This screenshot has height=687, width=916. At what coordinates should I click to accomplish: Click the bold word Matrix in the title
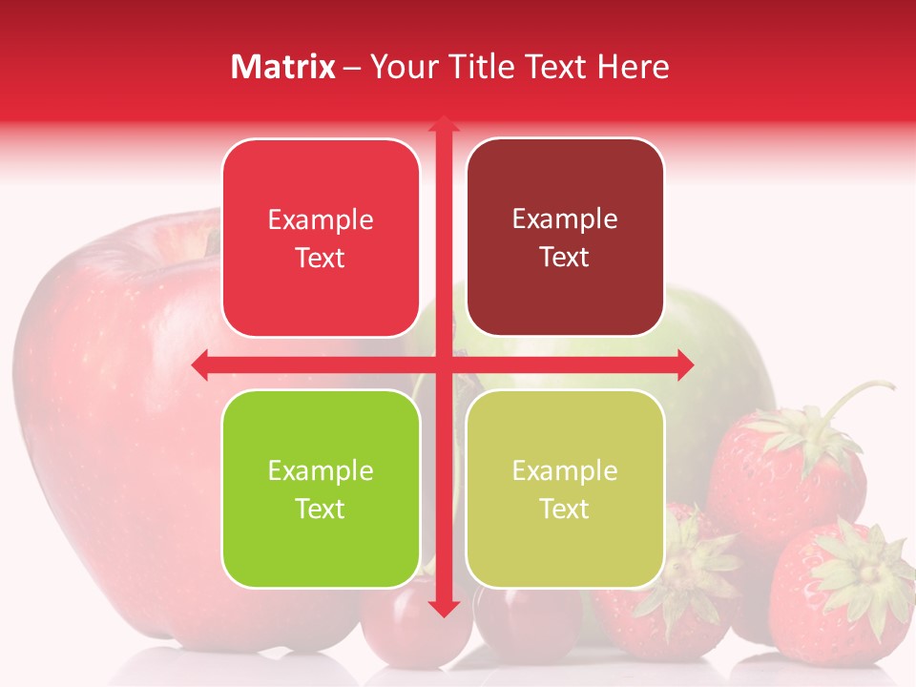click(x=283, y=67)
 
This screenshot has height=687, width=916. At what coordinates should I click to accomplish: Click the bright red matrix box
click(x=321, y=239)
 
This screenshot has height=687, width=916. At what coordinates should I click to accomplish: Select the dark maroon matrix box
click(x=565, y=238)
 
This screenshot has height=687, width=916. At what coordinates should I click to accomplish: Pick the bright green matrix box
click(x=321, y=489)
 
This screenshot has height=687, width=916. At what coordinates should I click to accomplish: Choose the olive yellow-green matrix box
click(x=565, y=489)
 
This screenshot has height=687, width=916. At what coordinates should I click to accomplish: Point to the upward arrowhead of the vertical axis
click(x=443, y=124)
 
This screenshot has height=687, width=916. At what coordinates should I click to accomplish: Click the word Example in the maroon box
click(x=565, y=219)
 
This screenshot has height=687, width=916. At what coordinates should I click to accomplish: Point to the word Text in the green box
click(x=321, y=509)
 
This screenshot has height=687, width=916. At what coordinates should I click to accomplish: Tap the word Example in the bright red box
click(x=321, y=219)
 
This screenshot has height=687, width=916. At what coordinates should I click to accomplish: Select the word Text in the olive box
click(x=565, y=509)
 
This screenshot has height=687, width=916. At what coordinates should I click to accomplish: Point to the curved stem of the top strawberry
click(x=864, y=391)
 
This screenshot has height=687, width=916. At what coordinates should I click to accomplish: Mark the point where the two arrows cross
click(x=443, y=365)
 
